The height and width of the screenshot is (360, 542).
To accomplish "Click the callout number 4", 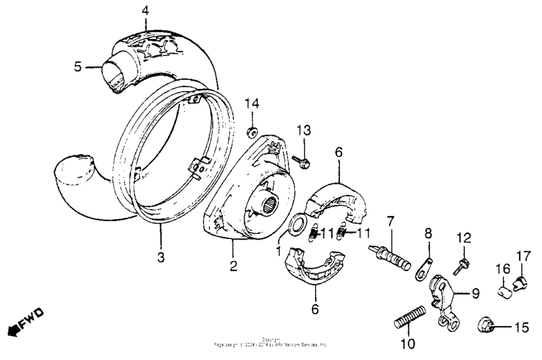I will coord(145,10).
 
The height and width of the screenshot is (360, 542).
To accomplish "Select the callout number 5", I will coord(77,66).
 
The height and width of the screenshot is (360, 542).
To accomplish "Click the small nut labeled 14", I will coord(253,132).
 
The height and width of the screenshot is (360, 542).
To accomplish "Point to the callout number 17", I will coord(522,256).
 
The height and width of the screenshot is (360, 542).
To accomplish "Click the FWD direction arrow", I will coord(24,321).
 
